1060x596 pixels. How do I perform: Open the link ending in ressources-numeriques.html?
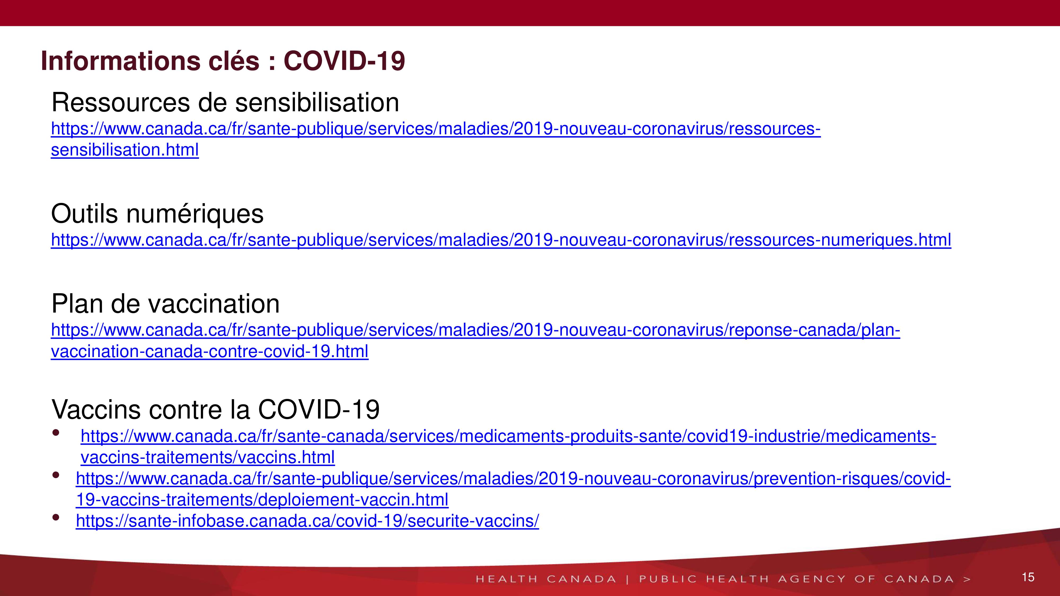pyautogui.click(x=501, y=240)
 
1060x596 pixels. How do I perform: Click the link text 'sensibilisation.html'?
pyautogui.click(x=125, y=150)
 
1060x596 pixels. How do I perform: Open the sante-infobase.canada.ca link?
pyautogui.click(x=307, y=521)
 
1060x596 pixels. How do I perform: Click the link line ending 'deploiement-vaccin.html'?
pyautogui.click(x=262, y=500)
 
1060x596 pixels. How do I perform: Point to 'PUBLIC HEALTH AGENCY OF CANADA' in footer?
pyautogui.click(x=796, y=579)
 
